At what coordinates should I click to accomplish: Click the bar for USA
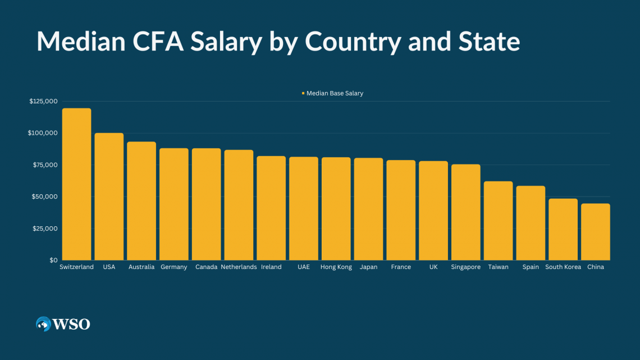(x=109, y=197)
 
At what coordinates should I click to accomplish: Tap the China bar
(x=595, y=232)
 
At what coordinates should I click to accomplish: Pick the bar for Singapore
(x=465, y=212)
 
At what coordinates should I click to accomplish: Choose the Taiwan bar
(x=498, y=221)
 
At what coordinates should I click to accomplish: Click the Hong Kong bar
(x=336, y=209)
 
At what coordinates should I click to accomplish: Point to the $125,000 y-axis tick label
(x=43, y=102)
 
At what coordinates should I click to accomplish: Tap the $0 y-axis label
(x=53, y=261)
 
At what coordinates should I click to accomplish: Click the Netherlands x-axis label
(x=239, y=267)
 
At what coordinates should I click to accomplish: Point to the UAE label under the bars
(x=304, y=267)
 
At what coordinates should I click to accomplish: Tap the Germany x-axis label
(x=173, y=267)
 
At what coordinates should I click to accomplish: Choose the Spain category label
(x=531, y=267)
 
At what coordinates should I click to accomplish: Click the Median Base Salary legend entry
(x=334, y=93)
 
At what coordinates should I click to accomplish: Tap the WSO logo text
(x=71, y=324)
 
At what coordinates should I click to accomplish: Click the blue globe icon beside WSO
(x=43, y=324)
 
